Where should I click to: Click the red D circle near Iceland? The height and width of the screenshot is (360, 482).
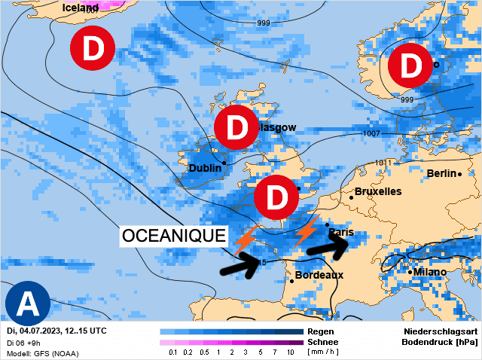[92, 49]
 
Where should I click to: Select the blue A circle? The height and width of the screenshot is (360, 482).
[28, 304]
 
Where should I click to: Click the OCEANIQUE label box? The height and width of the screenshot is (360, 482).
[174, 236]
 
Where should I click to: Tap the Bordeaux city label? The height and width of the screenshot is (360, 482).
[319, 275]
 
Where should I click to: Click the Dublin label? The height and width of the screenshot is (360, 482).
[205, 168]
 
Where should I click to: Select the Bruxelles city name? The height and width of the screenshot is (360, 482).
[377, 191]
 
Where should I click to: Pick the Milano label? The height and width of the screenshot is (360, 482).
[429, 271]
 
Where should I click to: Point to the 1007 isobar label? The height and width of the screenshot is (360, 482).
[371, 133]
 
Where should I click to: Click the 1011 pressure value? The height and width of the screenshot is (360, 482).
[385, 162]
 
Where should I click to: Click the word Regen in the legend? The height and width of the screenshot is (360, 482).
[321, 331]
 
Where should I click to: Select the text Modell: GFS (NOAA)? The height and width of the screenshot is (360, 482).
[41, 353]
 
